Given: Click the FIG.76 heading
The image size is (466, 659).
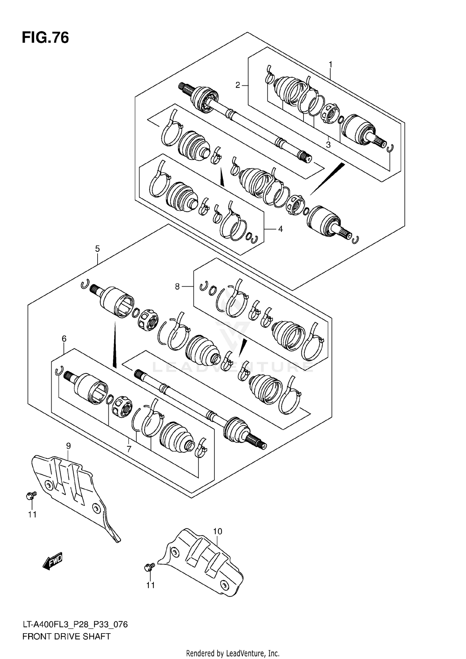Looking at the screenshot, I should [45, 38].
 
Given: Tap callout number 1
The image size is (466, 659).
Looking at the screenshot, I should [331, 64].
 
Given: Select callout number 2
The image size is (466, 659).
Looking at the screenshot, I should [238, 85].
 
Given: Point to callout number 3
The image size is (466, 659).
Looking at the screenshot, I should [328, 144].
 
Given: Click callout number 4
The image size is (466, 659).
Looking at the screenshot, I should [280, 229].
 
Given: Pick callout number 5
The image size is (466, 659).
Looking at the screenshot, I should [97, 248].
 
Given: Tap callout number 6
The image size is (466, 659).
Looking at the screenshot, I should [64, 339].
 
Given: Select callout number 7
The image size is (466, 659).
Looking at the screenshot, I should [129, 448].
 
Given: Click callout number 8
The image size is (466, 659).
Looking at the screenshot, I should [177, 286].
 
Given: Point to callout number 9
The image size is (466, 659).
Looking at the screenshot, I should [68, 446].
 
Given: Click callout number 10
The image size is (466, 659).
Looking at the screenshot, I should [217, 531].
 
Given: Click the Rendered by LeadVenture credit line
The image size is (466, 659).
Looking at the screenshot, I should [233, 653].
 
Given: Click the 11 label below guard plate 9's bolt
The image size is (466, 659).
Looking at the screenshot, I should [32, 515].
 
